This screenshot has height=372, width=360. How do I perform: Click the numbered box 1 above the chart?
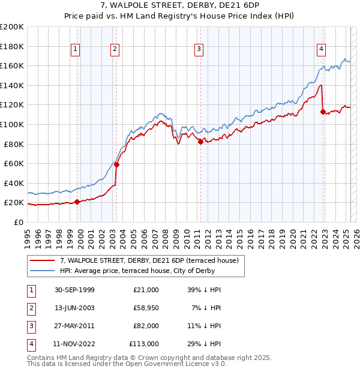coord(76,49)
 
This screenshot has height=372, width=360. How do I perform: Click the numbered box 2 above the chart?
coord(115,49)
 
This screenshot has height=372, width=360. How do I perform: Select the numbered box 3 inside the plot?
coord(199,49)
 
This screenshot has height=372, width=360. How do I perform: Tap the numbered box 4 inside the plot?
coord(322,49)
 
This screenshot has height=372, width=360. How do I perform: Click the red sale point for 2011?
coord(200,142)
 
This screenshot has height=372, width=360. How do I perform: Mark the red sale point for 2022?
coord(323,112)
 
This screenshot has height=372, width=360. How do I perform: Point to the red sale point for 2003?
coord(117,164)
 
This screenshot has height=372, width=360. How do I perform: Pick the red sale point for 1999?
coord(77,202)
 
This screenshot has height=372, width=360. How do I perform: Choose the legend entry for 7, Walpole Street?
coord(149,260)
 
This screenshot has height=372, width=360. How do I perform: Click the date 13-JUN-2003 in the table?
coord(74,307)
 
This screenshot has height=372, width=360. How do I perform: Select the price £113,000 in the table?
coord(144,344)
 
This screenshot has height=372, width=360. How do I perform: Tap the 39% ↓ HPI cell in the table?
coord(205,290)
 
